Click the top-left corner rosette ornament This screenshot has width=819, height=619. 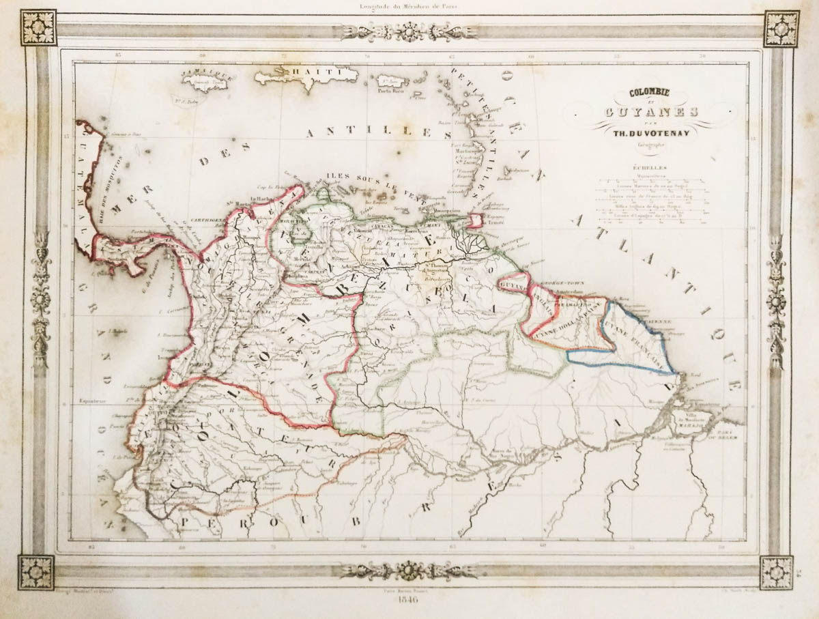pos(38,28)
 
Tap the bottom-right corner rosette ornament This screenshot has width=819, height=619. pos(777,573)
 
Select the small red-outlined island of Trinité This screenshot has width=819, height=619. pos(475,220)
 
